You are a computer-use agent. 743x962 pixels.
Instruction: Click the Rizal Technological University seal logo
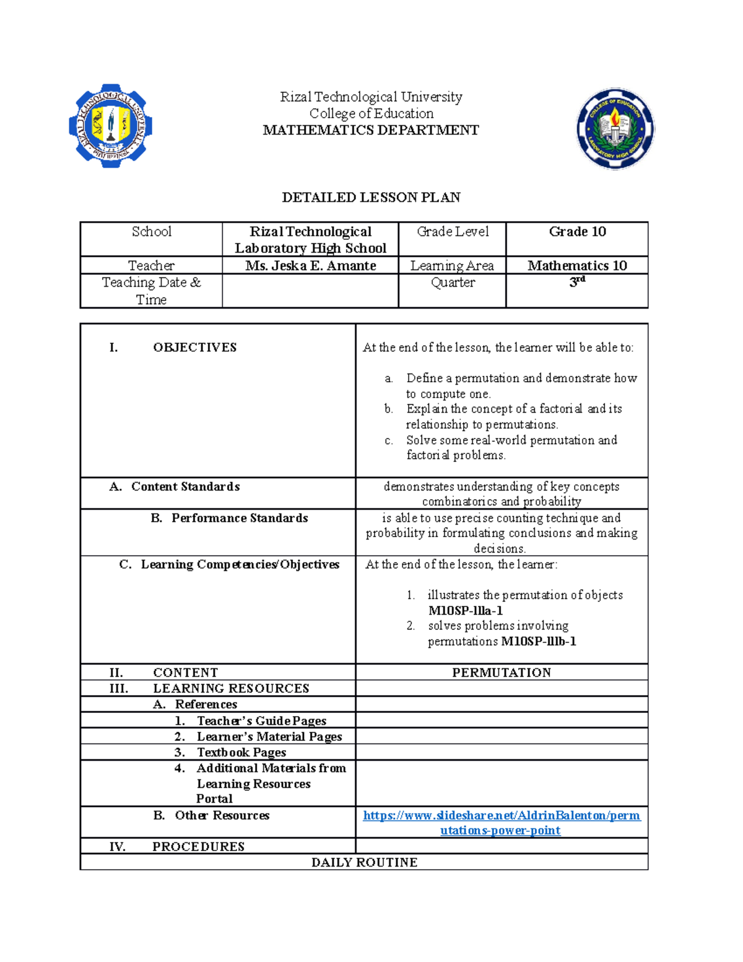coord(110,126)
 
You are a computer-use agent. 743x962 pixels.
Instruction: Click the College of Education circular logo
coord(615,128)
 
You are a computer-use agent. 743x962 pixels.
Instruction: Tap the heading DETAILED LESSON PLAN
coord(371,198)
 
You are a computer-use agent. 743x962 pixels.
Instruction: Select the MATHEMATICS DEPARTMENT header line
coord(371,130)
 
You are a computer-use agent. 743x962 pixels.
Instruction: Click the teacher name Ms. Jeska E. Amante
coord(310,266)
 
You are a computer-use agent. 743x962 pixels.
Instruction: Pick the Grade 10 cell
coord(577,232)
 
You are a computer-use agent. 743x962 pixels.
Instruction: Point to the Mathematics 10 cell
coord(577,266)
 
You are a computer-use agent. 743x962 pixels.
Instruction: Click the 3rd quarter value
coord(577,282)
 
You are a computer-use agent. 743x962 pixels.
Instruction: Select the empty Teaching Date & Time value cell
coord(310,291)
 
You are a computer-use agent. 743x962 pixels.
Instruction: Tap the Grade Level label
coord(453,232)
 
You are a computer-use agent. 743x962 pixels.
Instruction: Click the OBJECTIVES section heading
coord(194,348)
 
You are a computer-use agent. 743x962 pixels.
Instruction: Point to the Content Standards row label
coord(185,487)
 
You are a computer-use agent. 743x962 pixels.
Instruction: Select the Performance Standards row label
coord(239,518)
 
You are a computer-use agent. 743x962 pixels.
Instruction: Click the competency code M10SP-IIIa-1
coord(466,611)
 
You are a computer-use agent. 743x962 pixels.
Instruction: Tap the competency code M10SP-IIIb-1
coord(539,642)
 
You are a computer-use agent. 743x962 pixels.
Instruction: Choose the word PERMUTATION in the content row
coord(502,673)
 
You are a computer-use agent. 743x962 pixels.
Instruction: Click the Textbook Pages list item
coord(241,753)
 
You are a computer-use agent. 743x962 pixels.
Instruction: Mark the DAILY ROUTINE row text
coord(364,862)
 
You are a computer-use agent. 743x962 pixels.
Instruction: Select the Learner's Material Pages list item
coord(269,737)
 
